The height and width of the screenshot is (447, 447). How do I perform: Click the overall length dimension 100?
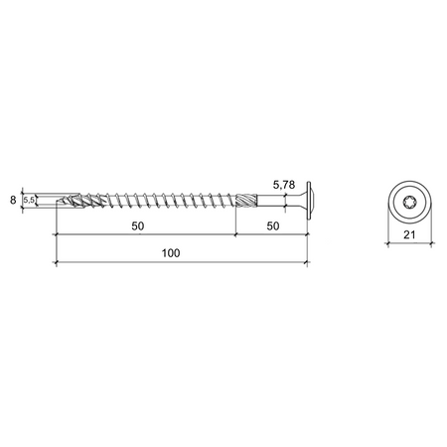pos(171,253)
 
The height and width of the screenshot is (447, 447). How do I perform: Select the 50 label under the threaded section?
pos(138,226)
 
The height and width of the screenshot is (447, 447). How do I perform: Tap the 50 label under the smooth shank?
pos(273,226)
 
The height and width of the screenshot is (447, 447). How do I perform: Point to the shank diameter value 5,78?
pos(284,185)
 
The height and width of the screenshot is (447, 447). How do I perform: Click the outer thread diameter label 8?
pos(13,200)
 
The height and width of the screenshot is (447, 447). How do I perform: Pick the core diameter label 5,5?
pos(29,200)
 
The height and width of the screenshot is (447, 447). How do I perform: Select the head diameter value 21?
pos(409,234)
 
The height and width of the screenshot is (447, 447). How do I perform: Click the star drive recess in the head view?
pos(409,201)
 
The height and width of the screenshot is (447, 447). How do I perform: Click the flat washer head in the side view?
pos(309,201)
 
